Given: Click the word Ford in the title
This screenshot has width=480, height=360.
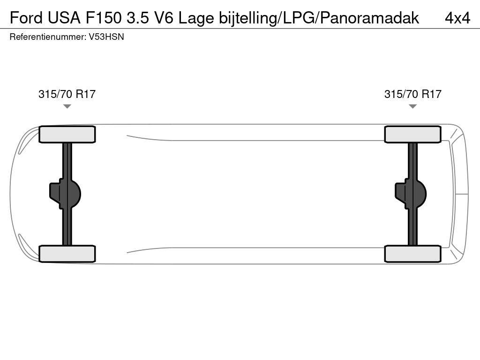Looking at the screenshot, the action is (26, 18).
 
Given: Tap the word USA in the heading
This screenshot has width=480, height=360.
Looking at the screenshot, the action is (64, 18).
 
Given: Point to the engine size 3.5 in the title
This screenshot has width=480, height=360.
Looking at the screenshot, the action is (138, 18).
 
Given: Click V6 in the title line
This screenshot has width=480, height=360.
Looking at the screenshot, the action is (164, 18).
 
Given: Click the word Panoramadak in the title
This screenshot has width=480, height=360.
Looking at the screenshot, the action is (369, 18).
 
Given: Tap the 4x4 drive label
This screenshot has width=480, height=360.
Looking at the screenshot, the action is (457, 18).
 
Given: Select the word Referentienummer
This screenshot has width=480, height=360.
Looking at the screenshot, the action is (48, 37).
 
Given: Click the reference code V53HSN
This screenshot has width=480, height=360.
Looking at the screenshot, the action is (106, 37).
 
